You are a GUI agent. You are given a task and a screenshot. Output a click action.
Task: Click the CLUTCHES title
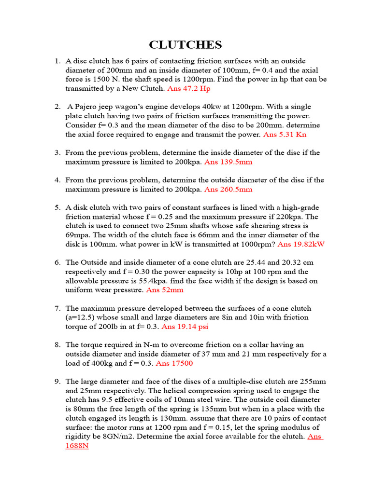185,45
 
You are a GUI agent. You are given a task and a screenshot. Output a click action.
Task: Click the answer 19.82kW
301,244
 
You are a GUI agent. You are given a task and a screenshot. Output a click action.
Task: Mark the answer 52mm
165,290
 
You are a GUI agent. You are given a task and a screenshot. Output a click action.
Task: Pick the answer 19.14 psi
185,327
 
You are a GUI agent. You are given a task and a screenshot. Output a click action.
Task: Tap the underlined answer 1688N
77,446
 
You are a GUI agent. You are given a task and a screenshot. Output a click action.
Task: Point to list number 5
57,207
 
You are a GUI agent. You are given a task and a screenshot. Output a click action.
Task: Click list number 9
57,382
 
